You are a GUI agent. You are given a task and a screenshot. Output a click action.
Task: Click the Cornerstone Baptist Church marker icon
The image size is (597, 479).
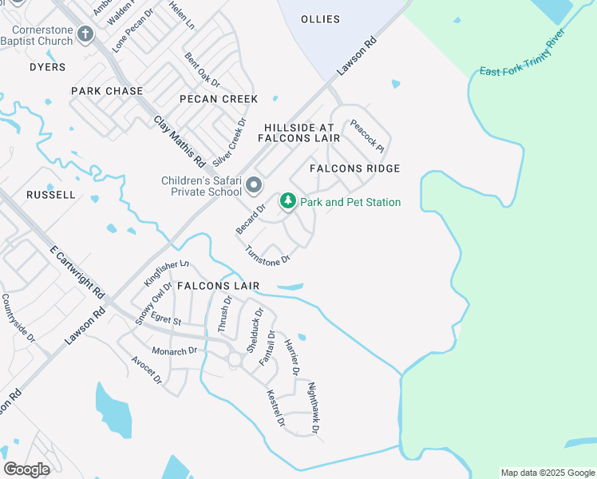(85, 34)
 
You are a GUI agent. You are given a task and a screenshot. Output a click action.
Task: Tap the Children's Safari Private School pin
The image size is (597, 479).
(255, 186)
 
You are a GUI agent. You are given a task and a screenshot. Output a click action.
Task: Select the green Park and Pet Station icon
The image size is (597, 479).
(287, 203)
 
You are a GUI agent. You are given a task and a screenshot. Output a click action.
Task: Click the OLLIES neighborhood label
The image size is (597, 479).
(320, 19)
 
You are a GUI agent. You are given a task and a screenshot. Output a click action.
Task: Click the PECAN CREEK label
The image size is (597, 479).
(219, 99)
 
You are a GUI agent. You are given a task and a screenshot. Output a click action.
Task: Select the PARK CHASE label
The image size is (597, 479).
(107, 91)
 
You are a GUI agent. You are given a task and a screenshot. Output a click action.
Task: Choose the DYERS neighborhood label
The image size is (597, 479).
(48, 67)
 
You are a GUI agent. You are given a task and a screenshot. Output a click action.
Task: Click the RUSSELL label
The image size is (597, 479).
(51, 195)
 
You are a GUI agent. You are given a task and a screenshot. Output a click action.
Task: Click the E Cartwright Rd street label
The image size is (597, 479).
(77, 271)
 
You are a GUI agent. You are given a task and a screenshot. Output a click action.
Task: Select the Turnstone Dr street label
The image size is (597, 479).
(267, 254)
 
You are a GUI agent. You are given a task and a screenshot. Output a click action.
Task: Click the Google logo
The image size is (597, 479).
(26, 469)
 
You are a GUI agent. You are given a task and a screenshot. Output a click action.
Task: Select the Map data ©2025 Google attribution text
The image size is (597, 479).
(547, 473)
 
